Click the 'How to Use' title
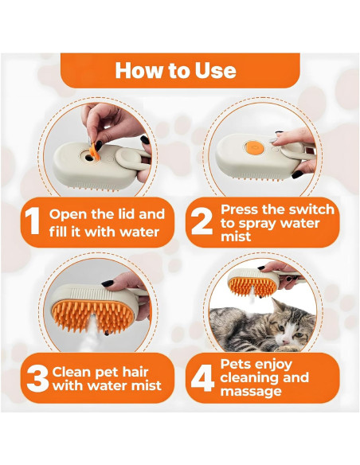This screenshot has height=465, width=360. (175, 70)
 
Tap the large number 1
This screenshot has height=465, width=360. (32, 222)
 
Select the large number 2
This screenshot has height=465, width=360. (200, 222)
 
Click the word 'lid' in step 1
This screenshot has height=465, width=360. (153, 213)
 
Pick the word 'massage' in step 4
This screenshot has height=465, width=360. (249, 391)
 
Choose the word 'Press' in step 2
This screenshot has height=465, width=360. (241, 209)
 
